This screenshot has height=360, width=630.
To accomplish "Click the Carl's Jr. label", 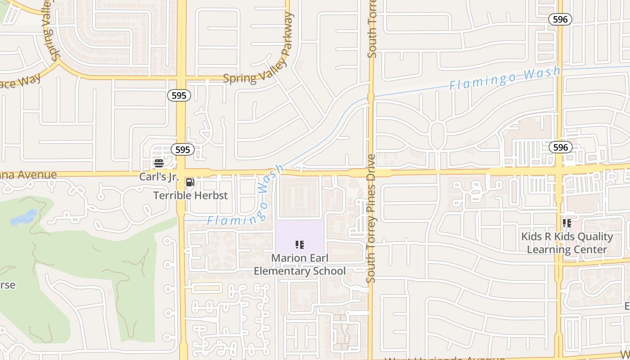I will pyautogui.click(x=159, y=177).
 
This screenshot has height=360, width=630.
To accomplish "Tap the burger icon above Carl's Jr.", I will pyautogui.click(x=158, y=163).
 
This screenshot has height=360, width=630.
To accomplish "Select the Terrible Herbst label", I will pyautogui.click(x=190, y=195).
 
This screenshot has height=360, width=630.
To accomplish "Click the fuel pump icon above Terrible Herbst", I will pyautogui.click(x=190, y=182).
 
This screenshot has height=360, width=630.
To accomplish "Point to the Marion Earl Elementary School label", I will pyautogui.click(x=300, y=265).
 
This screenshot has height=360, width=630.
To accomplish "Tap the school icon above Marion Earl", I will pyautogui.click(x=300, y=245).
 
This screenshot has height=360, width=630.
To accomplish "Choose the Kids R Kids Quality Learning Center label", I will pyautogui.click(x=567, y=243).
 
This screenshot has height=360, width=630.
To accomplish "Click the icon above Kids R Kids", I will pyautogui.click(x=567, y=223).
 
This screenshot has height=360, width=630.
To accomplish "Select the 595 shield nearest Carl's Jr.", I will pyautogui.click(x=183, y=149).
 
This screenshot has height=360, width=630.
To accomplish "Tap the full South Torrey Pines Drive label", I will pyautogui.click(x=371, y=218).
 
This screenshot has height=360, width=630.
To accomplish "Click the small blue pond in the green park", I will pyautogui.click(x=24, y=218).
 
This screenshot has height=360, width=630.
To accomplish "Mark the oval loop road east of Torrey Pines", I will pyautogui.click(x=437, y=134).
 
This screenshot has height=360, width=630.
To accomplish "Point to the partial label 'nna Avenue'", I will pyautogui.click(x=28, y=175).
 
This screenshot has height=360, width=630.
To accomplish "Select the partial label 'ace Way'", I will pyautogui.click(x=20, y=82).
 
